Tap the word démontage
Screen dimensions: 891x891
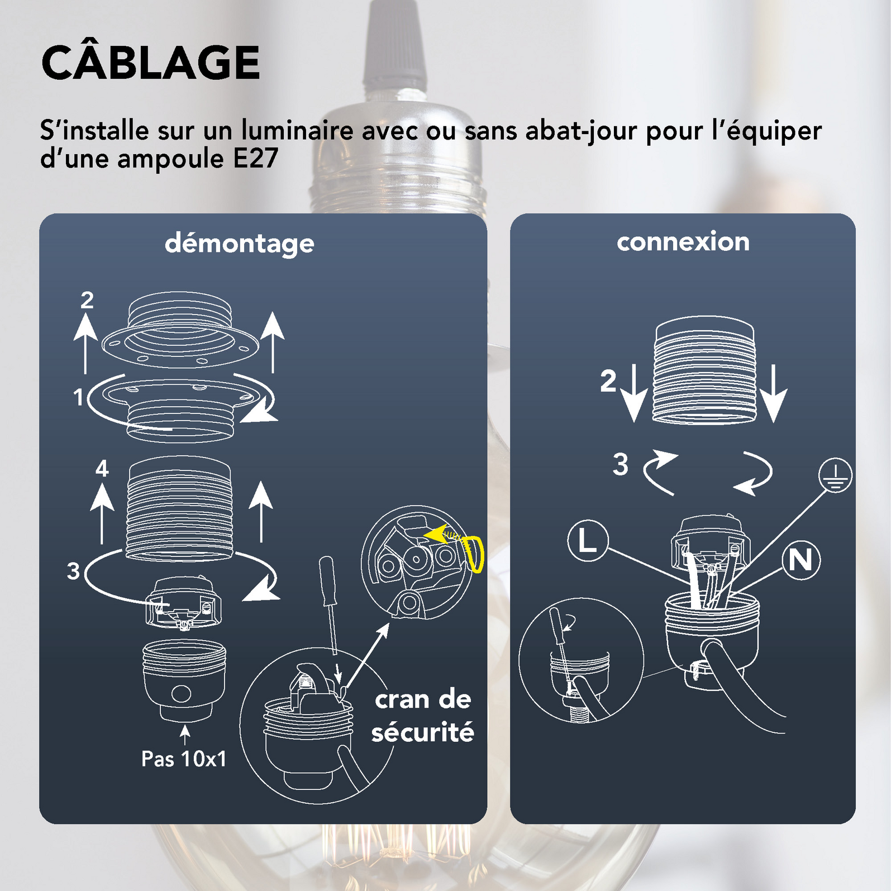[239, 244]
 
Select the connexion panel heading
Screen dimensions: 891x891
[683, 242]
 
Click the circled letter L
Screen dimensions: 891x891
[588, 541]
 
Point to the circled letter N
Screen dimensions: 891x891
[801, 560]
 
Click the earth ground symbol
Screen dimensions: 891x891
[835, 475]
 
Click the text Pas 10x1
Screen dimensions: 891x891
[184, 759]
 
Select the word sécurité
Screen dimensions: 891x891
[422, 732]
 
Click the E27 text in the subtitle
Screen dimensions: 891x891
[255, 159]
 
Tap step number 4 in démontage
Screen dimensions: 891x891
[102, 468]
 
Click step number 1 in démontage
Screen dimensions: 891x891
[78, 397]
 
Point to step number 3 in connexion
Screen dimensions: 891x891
[620, 465]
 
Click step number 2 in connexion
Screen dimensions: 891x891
[608, 382]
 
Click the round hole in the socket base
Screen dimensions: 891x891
[181, 693]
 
